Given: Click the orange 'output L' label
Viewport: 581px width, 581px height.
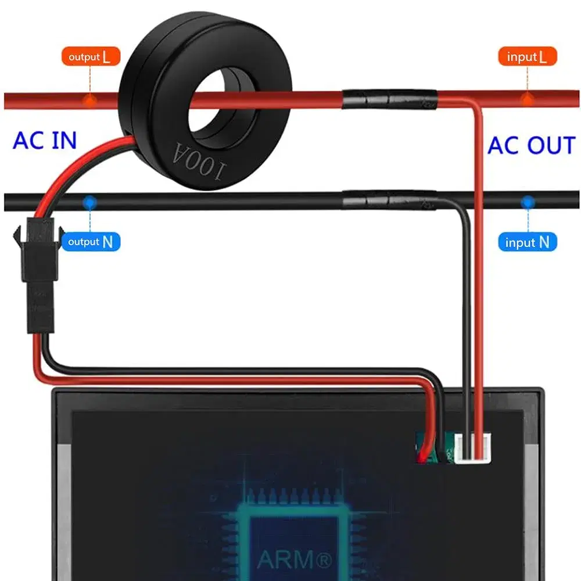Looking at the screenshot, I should (x=91, y=57).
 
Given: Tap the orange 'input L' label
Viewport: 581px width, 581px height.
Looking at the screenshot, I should (x=528, y=57).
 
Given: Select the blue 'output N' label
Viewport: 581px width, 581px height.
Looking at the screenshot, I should (x=91, y=242).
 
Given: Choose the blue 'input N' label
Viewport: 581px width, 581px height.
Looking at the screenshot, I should (x=528, y=242).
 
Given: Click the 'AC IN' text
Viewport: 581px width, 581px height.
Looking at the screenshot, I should (x=45, y=141).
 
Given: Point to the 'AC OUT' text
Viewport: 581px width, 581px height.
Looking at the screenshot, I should (x=531, y=145).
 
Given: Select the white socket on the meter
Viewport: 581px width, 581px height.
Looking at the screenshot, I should (x=472, y=450).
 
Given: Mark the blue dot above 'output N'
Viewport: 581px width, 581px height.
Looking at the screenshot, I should (x=89, y=202).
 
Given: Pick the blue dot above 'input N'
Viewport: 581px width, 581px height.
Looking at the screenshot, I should (x=528, y=202).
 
